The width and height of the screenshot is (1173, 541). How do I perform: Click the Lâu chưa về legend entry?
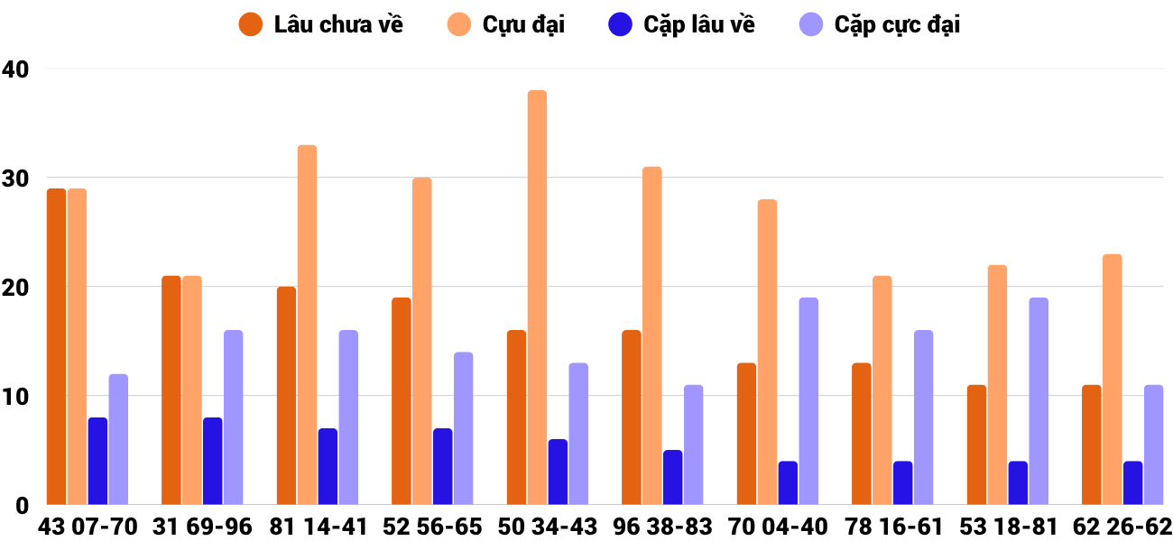coord(321,24)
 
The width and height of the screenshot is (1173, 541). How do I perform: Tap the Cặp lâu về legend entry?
coord(681,24)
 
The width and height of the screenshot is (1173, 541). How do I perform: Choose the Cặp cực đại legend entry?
coord(879,24)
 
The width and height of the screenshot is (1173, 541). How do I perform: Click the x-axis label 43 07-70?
coord(88,527)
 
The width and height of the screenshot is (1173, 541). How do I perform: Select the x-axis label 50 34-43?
coord(548,527)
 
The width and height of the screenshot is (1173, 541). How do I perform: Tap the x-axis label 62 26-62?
coord(1122,527)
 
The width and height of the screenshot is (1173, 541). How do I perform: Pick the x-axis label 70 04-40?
coord(778,527)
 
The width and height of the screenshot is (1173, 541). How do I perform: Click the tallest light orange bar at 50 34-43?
coord(537,298)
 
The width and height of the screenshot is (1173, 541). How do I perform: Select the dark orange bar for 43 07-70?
coord(56,346)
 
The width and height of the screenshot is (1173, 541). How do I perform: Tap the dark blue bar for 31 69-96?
coord(213,461)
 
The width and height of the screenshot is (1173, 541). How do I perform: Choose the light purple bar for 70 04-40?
coord(808,401)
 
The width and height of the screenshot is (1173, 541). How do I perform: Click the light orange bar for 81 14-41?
coord(307,325)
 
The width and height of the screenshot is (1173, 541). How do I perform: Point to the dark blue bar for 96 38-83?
coord(673,477)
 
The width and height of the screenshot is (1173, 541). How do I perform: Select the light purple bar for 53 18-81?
coord(1039,401)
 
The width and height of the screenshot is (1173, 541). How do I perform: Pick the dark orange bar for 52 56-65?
coord(402,401)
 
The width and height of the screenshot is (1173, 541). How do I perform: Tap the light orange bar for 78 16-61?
coord(882,390)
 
